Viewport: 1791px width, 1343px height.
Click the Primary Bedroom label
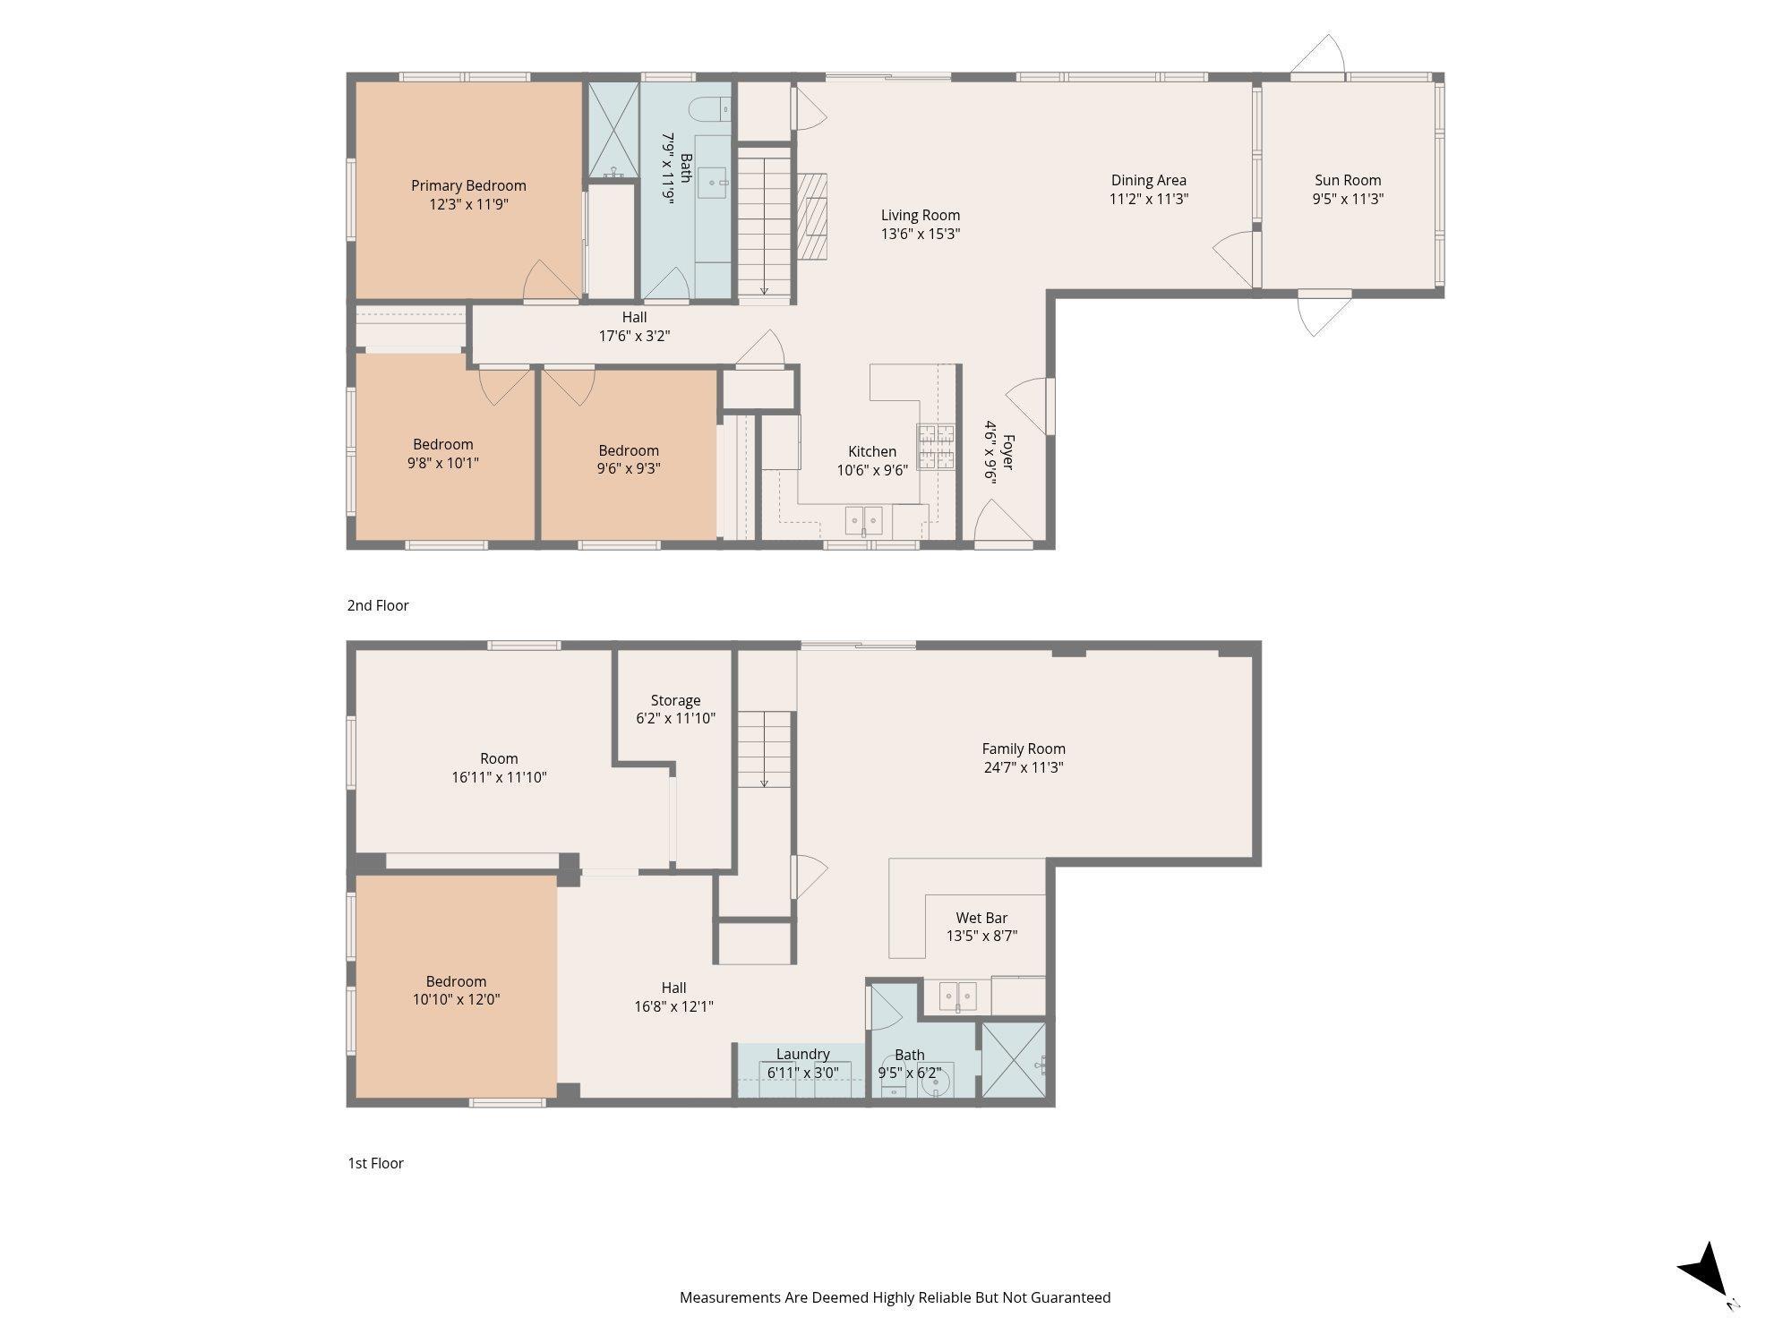point(468,185)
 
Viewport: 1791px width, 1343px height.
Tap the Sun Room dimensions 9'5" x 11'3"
point(1348,199)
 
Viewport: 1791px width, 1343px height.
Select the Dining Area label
point(1149,180)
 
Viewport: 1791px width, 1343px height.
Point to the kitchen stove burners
point(936,447)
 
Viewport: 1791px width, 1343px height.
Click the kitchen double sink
point(864,519)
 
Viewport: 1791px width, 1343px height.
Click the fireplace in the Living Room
point(814,215)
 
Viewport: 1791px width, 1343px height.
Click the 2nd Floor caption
point(378,605)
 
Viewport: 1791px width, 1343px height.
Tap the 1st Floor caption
point(376,1163)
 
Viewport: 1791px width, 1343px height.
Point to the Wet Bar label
point(982,918)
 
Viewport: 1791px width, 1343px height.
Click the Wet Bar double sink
point(958,996)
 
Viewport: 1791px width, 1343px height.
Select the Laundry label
point(803,1054)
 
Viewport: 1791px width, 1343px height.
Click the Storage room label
point(675,700)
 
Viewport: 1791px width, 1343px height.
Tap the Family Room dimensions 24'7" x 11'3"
point(1024,767)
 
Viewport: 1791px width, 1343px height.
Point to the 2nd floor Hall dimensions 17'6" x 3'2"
point(635,336)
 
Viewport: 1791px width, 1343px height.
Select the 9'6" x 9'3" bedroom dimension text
point(629,468)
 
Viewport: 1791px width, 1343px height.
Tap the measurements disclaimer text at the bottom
point(895,1297)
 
